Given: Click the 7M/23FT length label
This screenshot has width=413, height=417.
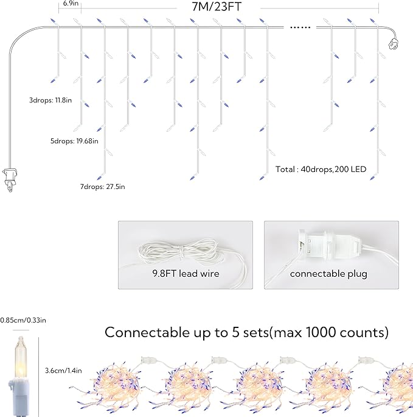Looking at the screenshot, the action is point(217,7).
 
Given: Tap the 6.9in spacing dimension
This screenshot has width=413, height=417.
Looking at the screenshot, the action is point(71,4).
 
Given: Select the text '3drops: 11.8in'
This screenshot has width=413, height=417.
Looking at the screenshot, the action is point(50,100).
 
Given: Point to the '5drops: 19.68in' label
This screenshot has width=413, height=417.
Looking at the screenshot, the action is point(74,141).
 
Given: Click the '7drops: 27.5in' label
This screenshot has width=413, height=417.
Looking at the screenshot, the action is point(102,187).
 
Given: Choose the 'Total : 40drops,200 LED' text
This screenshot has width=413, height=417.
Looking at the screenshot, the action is point(321,169).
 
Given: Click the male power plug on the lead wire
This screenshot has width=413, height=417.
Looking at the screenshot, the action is point(10,179).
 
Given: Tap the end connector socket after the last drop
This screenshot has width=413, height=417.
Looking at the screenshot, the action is point(393,44).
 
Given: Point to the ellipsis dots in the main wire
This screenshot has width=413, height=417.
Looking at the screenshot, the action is point(300,27).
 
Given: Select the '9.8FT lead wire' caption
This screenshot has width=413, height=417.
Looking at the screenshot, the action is point(186,273).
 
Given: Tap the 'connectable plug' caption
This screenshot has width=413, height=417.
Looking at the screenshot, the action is point(328,274).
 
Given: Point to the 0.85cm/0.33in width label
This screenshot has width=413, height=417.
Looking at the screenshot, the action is point(23,320).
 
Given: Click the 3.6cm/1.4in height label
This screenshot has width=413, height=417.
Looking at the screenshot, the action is point(63,371).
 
